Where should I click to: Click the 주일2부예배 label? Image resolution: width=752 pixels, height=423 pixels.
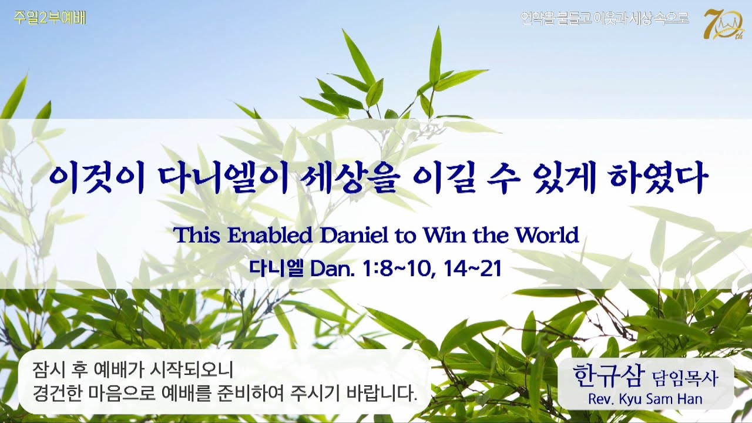pyautogui.click(x=49, y=18)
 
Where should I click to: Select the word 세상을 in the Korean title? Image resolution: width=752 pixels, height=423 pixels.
pyautogui.click(x=351, y=178)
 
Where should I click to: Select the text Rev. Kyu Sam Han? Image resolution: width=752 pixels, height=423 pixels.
pyautogui.click(x=644, y=399)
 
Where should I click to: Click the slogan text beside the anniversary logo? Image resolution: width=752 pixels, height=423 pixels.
pyautogui.click(x=605, y=18)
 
